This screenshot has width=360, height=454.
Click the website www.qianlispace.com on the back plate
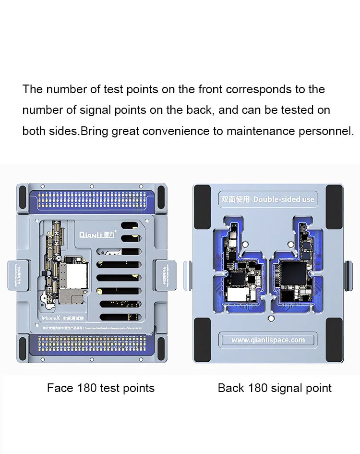(268, 340)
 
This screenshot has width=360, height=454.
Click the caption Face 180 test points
(101, 388)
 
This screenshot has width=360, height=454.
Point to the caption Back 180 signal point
(275, 388)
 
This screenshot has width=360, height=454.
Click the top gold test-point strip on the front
(91, 197)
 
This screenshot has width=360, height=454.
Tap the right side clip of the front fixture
(163, 275)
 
